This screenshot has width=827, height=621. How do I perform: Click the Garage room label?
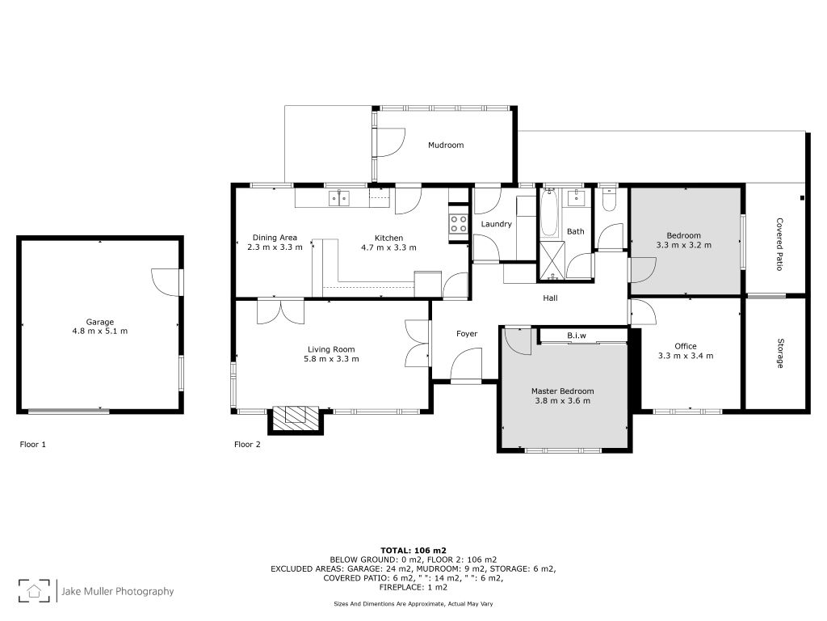tap(99, 322)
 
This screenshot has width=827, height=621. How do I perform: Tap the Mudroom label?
tap(446, 145)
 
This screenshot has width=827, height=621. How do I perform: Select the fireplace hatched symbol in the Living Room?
tap(296, 420)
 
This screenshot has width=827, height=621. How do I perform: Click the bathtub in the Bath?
tap(549, 213)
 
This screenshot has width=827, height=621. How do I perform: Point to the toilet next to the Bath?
tap(608, 200)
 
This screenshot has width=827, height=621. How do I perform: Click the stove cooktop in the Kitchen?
tap(458, 225)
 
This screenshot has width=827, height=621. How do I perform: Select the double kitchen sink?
tap(338, 198)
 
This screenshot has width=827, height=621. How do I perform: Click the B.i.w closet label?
tap(577, 336)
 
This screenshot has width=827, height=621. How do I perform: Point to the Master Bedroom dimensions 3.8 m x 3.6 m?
tap(563, 401)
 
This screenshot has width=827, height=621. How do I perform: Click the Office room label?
tap(686, 346)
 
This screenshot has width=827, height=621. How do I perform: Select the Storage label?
tap(779, 353)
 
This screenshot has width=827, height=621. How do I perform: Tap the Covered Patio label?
tap(779, 244)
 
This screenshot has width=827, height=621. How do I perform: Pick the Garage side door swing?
tap(166, 282)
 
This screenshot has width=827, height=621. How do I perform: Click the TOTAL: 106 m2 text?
tap(413, 550)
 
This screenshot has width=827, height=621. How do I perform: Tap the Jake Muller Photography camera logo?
tap(34, 590)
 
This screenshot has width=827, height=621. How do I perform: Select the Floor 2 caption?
tap(247, 444)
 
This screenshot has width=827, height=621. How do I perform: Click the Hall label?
tap(550, 298)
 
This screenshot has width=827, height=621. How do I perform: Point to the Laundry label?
tap(497, 224)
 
